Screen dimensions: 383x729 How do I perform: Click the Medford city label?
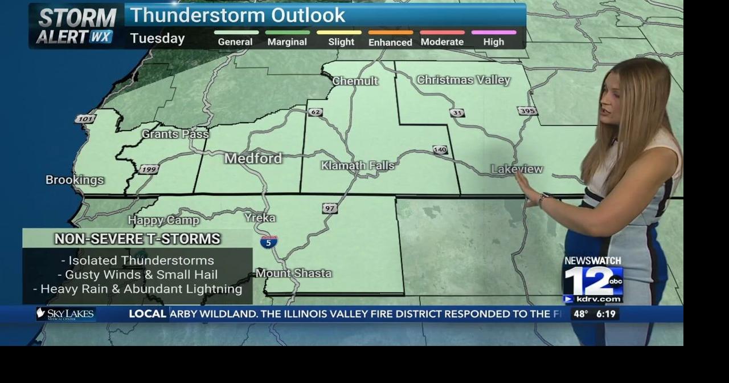[253, 158]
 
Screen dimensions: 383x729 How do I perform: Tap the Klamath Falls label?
[357, 165]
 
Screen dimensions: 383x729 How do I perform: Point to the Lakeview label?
[517, 169]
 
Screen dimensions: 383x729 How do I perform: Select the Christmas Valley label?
[463, 80]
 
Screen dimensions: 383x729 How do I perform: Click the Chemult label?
[355, 81]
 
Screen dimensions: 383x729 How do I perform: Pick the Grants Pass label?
[175, 134]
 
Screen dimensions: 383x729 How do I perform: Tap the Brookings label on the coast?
[75, 180]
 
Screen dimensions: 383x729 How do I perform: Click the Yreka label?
[260, 218]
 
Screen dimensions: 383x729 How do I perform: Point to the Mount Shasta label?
[293, 273]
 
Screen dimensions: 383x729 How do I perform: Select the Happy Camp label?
[163, 220]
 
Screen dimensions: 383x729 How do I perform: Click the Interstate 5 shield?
[269, 242]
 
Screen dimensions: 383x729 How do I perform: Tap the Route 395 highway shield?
[527, 111]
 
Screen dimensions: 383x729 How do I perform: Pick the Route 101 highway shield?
[85, 119]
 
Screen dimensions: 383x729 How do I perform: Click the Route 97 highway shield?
[330, 208]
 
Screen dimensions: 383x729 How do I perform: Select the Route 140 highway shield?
[440, 150]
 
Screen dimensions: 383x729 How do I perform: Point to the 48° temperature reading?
[581, 314]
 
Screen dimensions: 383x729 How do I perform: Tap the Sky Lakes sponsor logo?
[65, 314]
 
